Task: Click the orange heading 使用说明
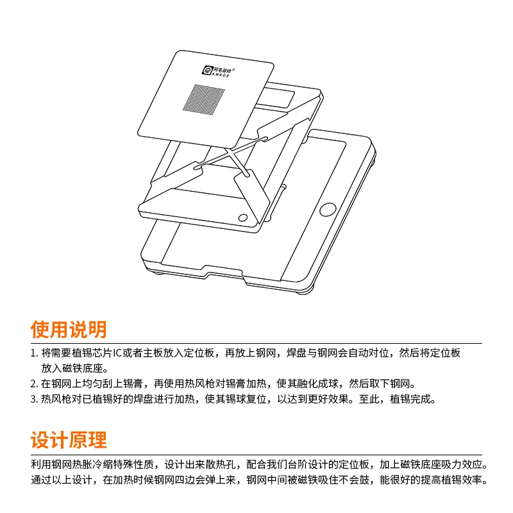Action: click(69, 330)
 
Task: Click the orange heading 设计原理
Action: click(69, 441)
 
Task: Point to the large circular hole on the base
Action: click(328, 209)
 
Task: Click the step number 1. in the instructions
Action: click(34, 353)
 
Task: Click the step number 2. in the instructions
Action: click(34, 384)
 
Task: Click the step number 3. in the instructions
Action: click(34, 399)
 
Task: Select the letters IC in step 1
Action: click(117, 353)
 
